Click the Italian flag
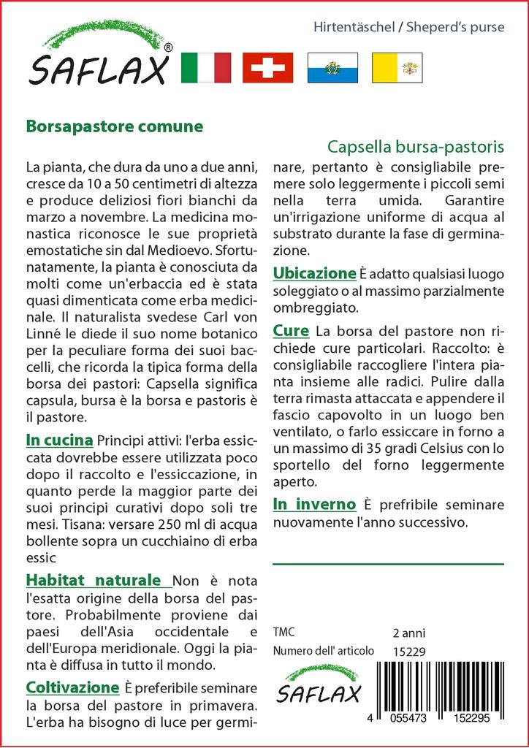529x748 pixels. (205, 68)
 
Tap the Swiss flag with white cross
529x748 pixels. (267, 68)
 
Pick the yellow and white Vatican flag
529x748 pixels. (397, 68)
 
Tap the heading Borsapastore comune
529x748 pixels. (114, 125)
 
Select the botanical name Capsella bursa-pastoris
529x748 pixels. (415, 146)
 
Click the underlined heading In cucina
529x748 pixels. (59, 440)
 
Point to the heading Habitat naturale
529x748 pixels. (94, 580)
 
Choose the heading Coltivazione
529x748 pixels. (72, 687)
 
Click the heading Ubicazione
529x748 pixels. (313, 273)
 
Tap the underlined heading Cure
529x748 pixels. (291, 330)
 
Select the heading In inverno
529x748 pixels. (314, 504)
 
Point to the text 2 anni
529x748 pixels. (409, 633)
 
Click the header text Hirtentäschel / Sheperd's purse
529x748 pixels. (408, 28)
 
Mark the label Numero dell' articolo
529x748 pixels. (324, 651)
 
